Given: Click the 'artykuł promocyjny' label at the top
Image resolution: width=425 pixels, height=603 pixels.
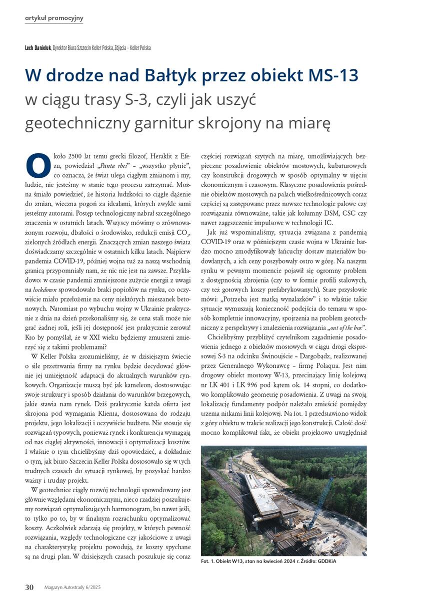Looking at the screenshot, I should [54, 18].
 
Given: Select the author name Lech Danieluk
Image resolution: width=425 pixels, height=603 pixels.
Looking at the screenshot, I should [38, 48].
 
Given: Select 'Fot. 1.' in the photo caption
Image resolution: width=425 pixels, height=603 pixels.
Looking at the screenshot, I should [209, 561].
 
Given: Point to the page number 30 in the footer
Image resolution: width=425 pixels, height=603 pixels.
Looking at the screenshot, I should [29, 588].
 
